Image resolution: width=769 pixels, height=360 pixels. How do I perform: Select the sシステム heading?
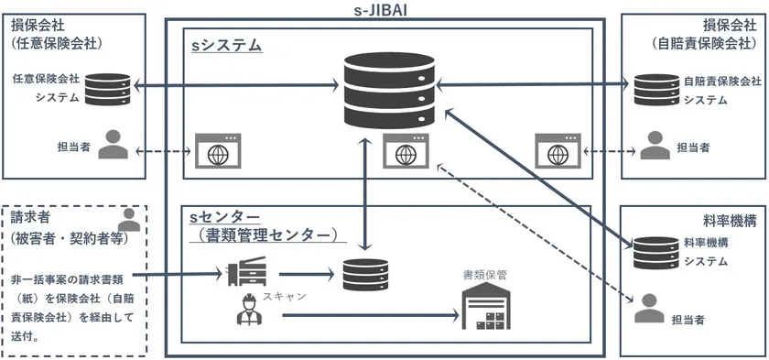coord(226,44)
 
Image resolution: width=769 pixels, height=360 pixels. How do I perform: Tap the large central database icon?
coord(384,90)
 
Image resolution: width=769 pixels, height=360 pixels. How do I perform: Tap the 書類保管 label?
coord(484,274)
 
